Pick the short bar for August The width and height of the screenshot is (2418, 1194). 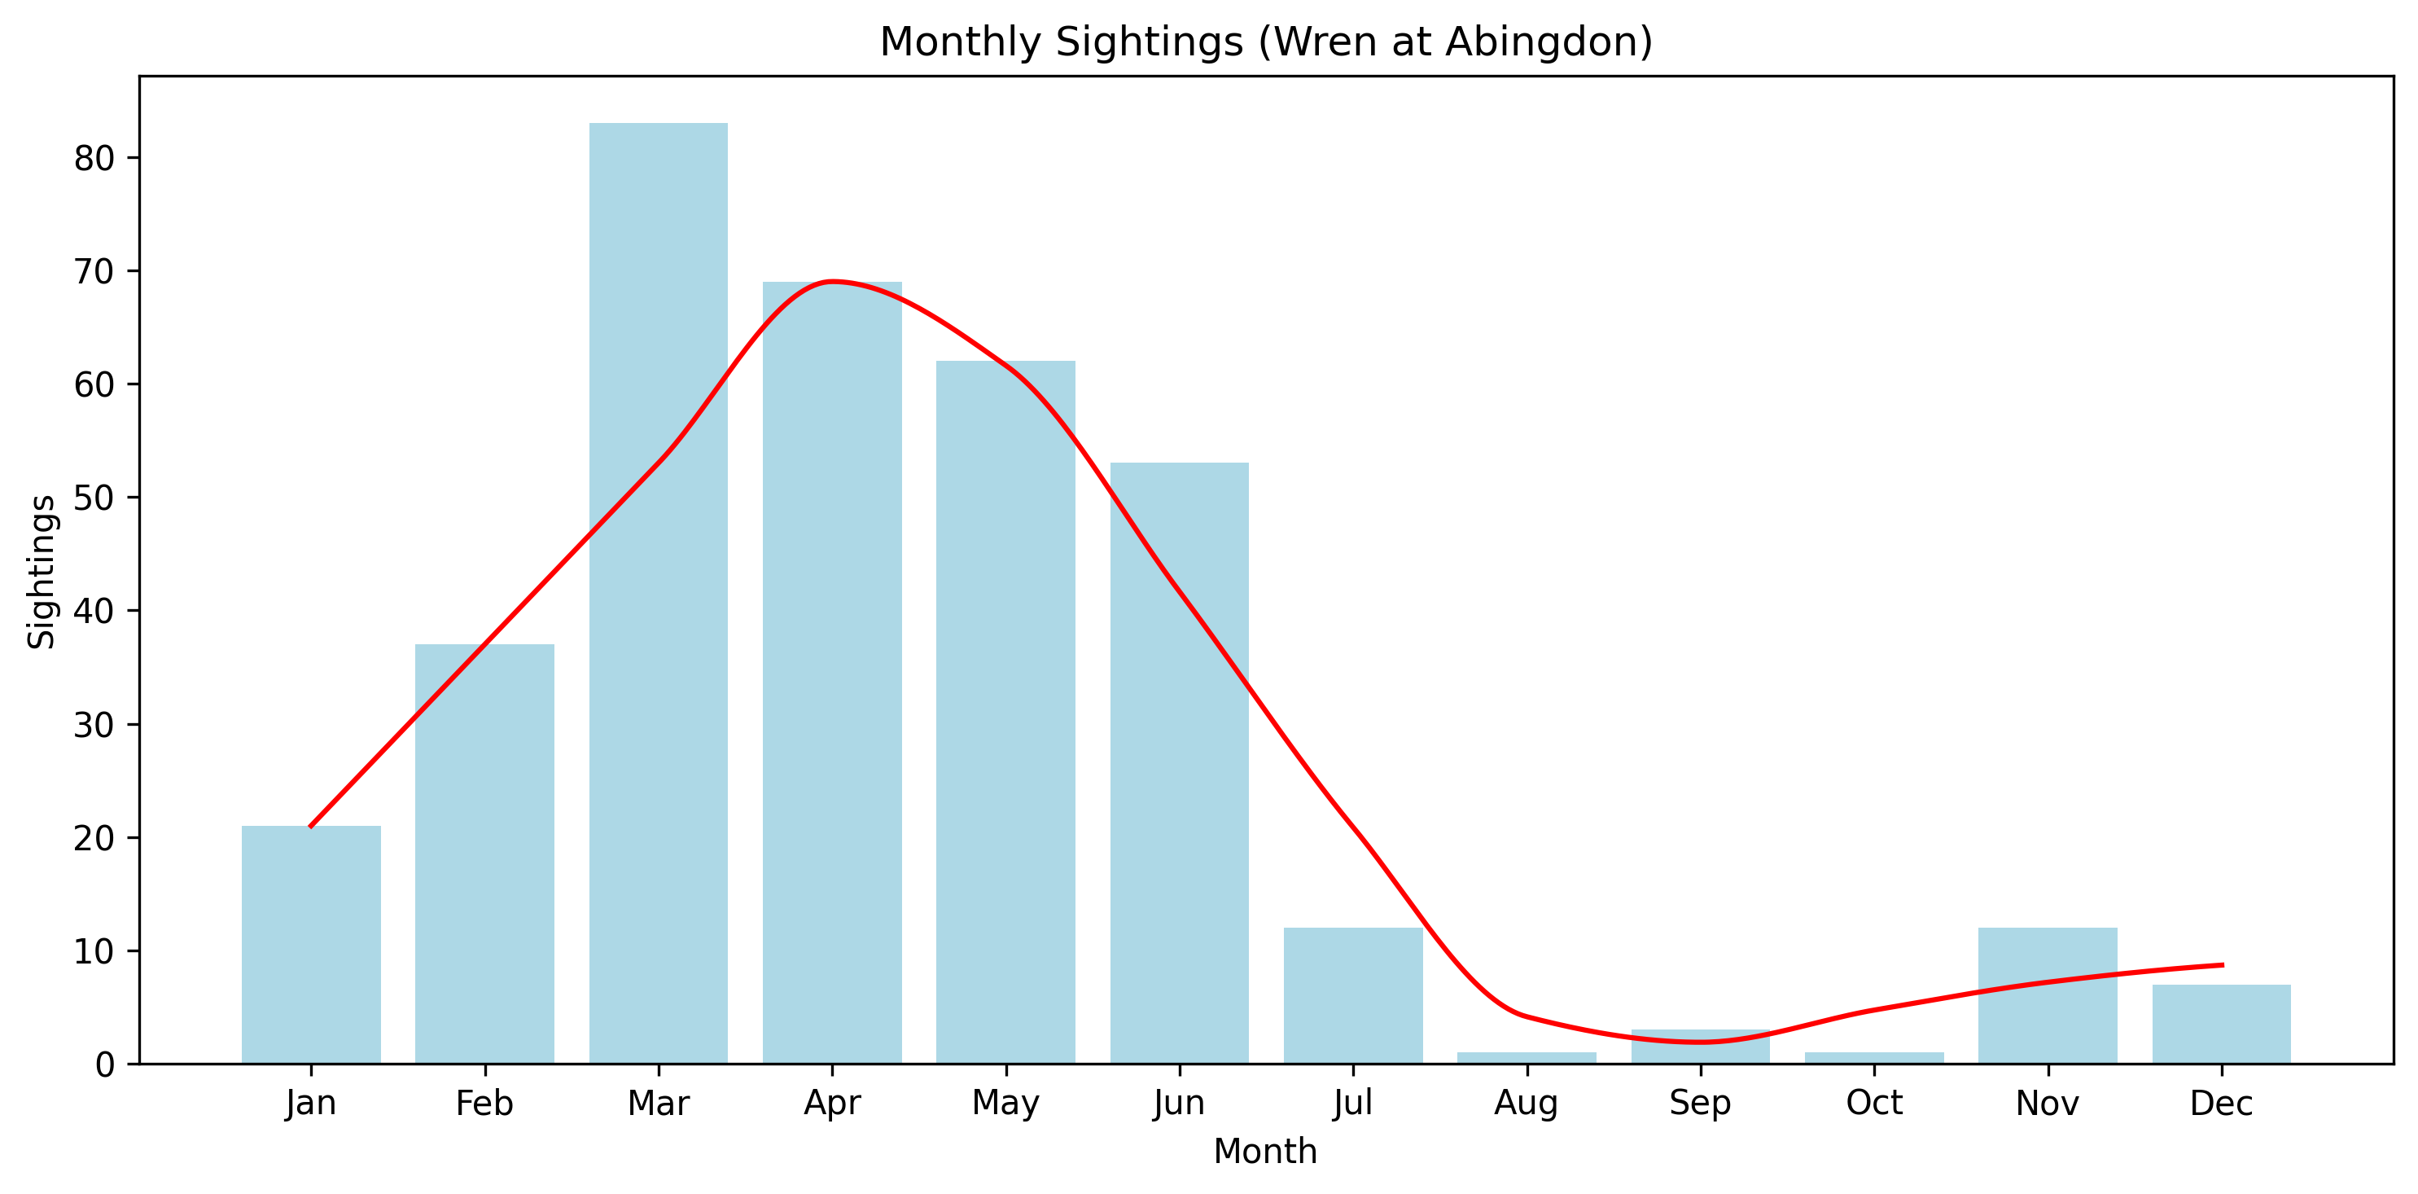1527,1058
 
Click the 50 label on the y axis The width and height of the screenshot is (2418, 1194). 94,498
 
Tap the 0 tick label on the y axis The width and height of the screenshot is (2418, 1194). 104,1065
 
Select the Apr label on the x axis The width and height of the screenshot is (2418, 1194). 832,1103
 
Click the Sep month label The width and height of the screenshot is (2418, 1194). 1700,1103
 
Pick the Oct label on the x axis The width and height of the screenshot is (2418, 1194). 1873,1103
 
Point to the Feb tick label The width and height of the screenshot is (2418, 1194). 484,1103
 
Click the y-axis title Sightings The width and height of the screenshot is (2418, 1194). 42,571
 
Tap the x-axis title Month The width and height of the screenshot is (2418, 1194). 1264,1152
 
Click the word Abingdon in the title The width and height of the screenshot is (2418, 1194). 1540,42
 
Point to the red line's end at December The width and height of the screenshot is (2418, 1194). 2221,965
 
